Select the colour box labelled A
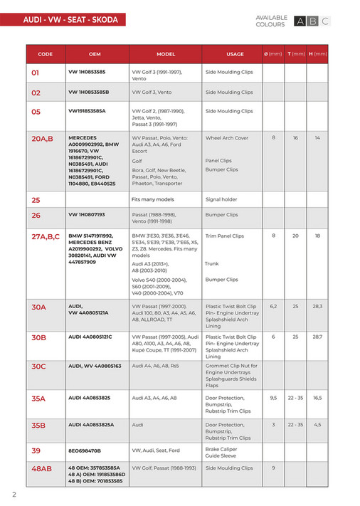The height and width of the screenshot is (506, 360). coord(300,21)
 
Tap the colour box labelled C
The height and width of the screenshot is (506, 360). coord(325,21)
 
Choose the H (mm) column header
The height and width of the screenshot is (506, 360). coord(317,54)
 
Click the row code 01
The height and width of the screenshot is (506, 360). coord(36,73)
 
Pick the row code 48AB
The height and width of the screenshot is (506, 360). coord(42,469)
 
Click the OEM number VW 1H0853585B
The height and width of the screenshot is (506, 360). coord(89,93)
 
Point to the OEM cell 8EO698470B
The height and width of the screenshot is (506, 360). coord(85,450)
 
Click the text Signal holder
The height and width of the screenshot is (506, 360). coord(221,199)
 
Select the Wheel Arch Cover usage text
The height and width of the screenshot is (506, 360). coord(227,138)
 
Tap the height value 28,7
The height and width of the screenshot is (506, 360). coord(317,337)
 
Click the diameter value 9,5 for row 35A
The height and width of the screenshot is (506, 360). coord(273,399)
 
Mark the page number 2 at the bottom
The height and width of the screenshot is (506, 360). coord(14,494)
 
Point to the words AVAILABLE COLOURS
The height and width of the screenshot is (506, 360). coord(271,21)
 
